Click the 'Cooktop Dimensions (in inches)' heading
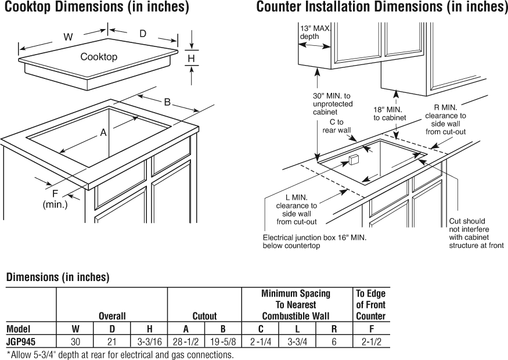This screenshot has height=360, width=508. point(96,8)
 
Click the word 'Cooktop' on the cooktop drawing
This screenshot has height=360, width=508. point(99,57)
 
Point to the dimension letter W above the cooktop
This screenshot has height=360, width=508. point(68,37)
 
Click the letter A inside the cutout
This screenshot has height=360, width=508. point(103,132)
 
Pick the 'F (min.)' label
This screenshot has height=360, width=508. point(55,199)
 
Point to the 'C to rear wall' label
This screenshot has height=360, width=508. point(337,126)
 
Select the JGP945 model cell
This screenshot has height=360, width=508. point(21,341)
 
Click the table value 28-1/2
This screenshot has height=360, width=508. point(186,341)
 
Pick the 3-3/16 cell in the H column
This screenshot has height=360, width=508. point(149,341)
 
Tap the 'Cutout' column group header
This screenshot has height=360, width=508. point(204,316)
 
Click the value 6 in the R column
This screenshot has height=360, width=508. point(334,341)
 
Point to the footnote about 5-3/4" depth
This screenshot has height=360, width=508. point(120,354)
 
